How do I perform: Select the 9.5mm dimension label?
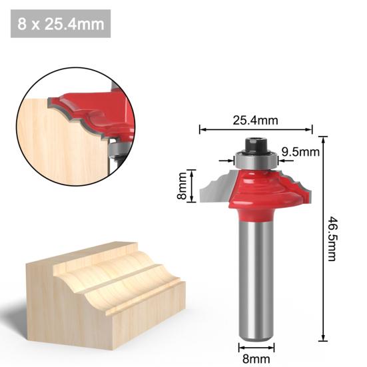pos(300,153)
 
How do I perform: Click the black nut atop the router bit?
pos(256,143)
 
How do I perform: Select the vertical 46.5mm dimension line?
pos(324,238)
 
